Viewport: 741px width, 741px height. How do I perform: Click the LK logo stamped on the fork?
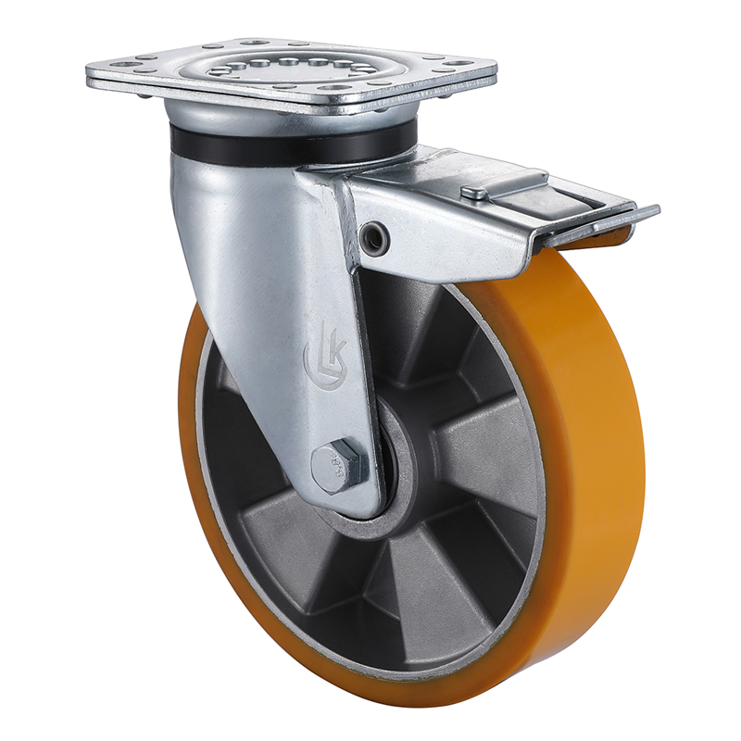(320, 353)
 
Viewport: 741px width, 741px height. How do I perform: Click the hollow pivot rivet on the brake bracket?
(376, 237)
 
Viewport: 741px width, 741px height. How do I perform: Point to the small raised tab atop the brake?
(474, 193)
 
